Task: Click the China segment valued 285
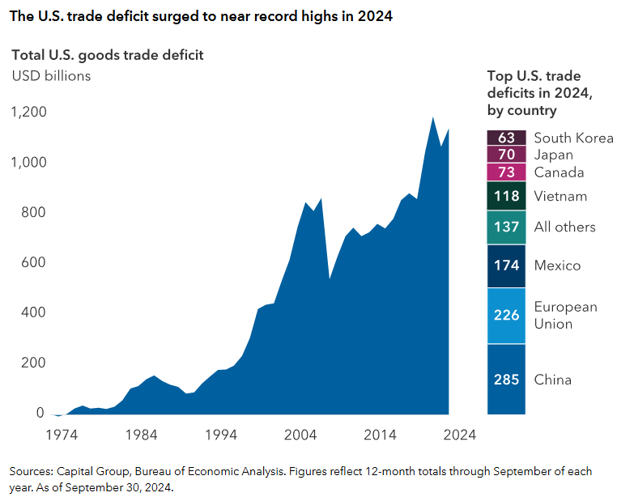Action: (x=506, y=380)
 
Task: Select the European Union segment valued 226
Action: (x=506, y=316)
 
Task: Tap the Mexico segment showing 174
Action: (x=506, y=265)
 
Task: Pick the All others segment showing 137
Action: (x=506, y=227)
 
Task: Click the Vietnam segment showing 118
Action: (x=506, y=196)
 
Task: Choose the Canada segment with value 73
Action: (x=506, y=172)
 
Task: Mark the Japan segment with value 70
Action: (x=506, y=155)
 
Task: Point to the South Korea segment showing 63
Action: (x=506, y=138)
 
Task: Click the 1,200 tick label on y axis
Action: (x=28, y=112)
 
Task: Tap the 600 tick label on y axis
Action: (x=32, y=262)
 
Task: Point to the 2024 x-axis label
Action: (x=459, y=434)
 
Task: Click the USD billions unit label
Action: (x=50, y=76)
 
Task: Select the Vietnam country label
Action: (x=560, y=196)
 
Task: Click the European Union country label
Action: (x=565, y=316)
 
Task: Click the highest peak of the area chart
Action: (x=433, y=117)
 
